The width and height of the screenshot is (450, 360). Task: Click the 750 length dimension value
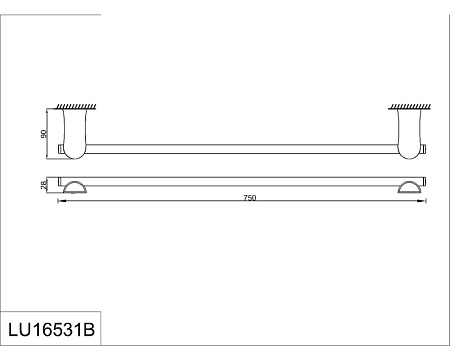coord(250,198)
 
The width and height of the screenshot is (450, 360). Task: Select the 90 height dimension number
coord(43,134)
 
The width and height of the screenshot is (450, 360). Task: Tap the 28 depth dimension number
coord(43,185)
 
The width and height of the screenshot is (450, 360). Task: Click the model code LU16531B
coord(51,330)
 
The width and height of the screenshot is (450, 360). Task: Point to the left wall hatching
coord(76,107)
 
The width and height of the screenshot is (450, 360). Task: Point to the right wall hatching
coord(410,107)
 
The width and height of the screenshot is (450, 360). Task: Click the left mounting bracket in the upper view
coord(75,134)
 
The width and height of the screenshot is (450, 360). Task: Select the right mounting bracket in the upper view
coord(410,134)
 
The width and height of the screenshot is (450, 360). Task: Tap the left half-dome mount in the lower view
coord(75,187)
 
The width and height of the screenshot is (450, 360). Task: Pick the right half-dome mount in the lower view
coord(410,187)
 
